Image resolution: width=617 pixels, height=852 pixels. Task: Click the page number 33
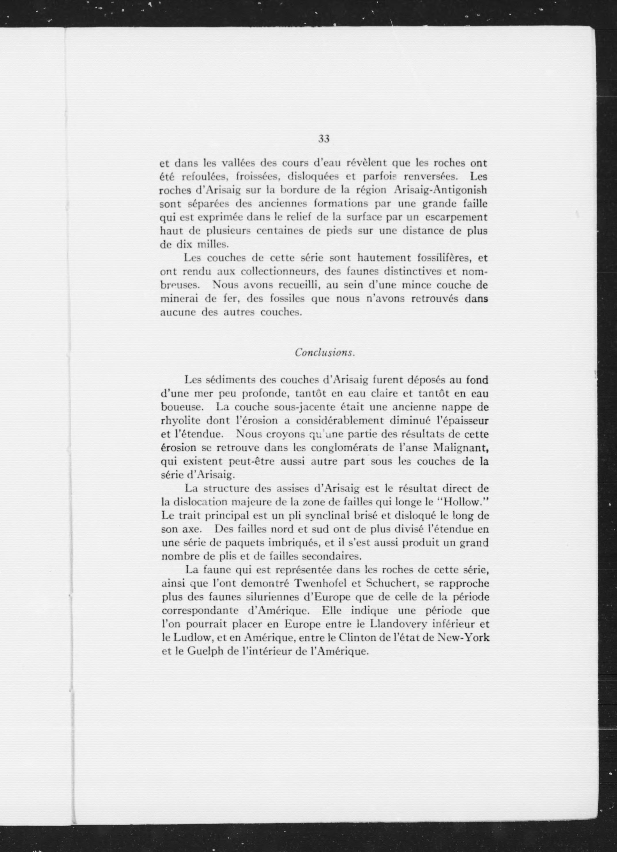(x=324, y=139)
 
